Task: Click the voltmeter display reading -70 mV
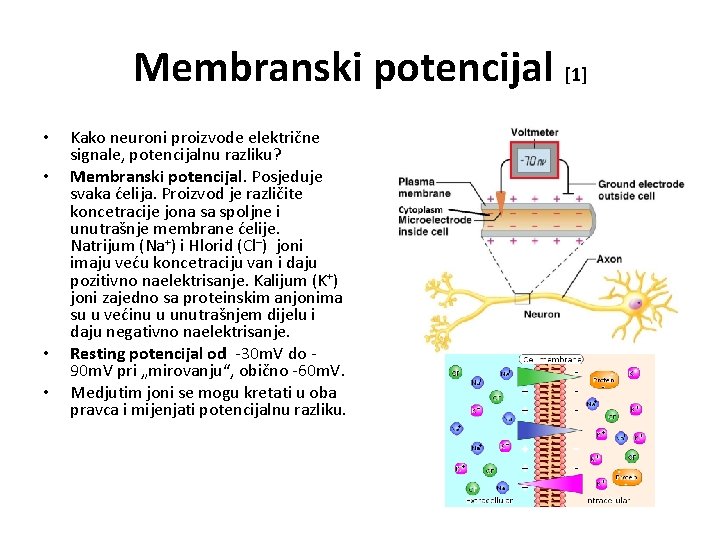coord(531,160)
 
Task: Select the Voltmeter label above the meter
coord(534,131)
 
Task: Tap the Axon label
coord(609,258)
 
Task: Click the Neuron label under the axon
coord(541,314)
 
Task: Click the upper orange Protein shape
coord(602,379)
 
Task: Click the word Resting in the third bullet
coord(97,353)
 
